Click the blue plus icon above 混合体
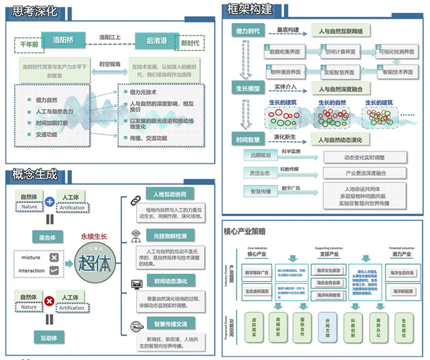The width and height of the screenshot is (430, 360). click(x=49, y=203)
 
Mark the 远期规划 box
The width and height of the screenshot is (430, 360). click(x=259, y=154)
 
